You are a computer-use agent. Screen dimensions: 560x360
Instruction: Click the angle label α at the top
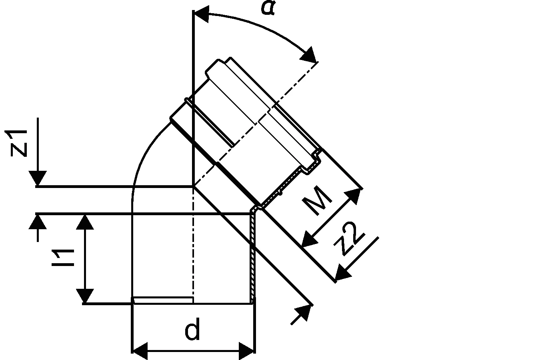tap(268, 8)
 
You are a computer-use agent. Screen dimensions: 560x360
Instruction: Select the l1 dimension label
tap(63, 258)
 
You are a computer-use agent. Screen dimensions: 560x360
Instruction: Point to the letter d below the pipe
tap(192, 329)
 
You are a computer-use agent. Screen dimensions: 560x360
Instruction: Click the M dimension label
tap(317, 200)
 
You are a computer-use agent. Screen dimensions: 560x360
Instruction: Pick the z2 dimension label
tap(350, 238)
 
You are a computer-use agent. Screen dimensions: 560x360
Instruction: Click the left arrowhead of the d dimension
tap(140, 351)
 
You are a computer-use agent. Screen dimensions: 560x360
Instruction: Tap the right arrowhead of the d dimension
tap(247, 351)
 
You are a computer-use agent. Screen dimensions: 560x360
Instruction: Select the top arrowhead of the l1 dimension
tap(85, 222)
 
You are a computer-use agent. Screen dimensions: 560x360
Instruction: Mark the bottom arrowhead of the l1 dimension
tap(85, 296)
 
